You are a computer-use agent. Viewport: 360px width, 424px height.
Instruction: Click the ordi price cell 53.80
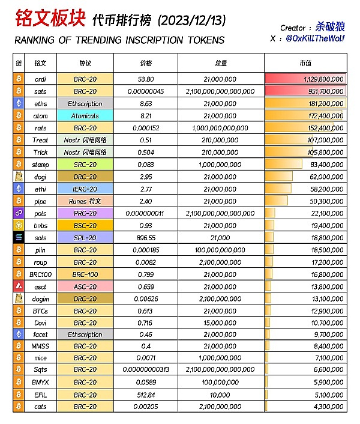[145, 79]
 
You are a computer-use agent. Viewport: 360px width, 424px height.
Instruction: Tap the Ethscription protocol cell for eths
[85, 103]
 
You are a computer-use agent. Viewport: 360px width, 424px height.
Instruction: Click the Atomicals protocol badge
[85, 116]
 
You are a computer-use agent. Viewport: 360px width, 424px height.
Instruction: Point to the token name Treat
[41, 140]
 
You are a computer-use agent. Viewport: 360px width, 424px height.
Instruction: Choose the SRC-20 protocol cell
[85, 164]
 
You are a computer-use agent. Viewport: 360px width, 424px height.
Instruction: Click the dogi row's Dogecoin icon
[19, 177]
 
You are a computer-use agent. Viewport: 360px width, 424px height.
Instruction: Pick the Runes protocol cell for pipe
[85, 201]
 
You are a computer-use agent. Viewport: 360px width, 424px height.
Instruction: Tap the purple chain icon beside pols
[19, 213]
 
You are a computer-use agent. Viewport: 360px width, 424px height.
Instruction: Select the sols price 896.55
[145, 237]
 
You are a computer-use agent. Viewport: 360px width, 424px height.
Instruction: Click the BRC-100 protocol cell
[85, 274]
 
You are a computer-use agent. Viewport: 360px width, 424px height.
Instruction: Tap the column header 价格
[145, 62]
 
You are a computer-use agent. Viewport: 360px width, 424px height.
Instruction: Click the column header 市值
[305, 62]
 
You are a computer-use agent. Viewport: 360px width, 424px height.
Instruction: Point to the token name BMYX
[41, 381]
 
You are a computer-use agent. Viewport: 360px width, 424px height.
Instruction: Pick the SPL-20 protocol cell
[85, 237]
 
